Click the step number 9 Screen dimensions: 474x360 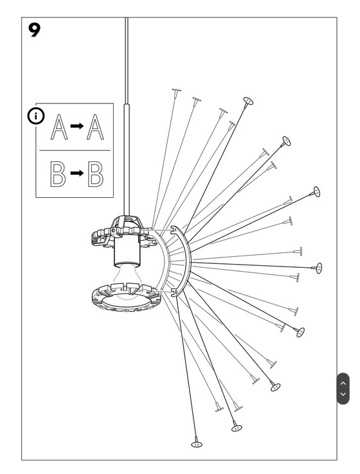click(x=35, y=30)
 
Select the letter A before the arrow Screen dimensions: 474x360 click(x=59, y=127)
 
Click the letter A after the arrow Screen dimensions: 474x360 click(x=95, y=127)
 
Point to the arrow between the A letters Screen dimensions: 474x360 click(x=76, y=127)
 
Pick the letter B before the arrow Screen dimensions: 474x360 click(x=59, y=173)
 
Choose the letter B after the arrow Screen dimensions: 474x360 click(x=95, y=173)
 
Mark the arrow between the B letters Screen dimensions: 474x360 click(x=76, y=173)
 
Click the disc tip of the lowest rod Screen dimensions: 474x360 click(x=197, y=443)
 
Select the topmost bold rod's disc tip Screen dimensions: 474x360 click(x=248, y=101)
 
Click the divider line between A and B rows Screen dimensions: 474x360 click(x=74, y=151)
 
